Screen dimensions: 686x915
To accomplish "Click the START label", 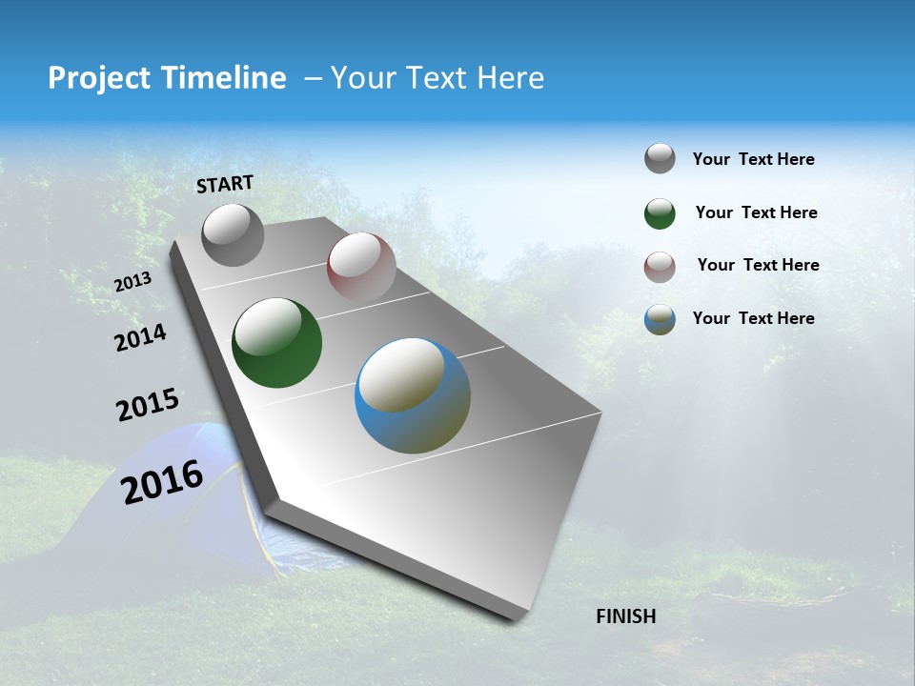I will click(x=225, y=184).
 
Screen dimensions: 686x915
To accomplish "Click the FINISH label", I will click(x=626, y=616).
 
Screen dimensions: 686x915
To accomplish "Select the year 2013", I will click(x=132, y=282).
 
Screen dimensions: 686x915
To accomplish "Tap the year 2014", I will click(x=140, y=337).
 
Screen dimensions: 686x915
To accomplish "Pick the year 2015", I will click(x=148, y=405).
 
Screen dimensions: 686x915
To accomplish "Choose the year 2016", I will click(x=162, y=481).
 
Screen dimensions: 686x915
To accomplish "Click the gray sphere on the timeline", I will click(x=233, y=234).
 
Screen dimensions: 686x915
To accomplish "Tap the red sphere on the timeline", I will click(x=361, y=266).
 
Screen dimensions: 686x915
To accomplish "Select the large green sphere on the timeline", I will click(x=276, y=343).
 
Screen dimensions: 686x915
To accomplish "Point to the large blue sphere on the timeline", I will click(x=413, y=395).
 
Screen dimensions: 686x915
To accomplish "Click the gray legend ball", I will click(x=660, y=158).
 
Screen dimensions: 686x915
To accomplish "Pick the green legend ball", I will click(x=660, y=212).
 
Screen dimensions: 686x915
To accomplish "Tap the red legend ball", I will click(x=660, y=266).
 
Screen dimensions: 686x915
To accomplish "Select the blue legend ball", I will click(x=660, y=319).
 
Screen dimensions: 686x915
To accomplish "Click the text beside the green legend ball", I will click(x=756, y=212).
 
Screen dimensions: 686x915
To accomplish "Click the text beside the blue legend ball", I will click(x=753, y=318).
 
